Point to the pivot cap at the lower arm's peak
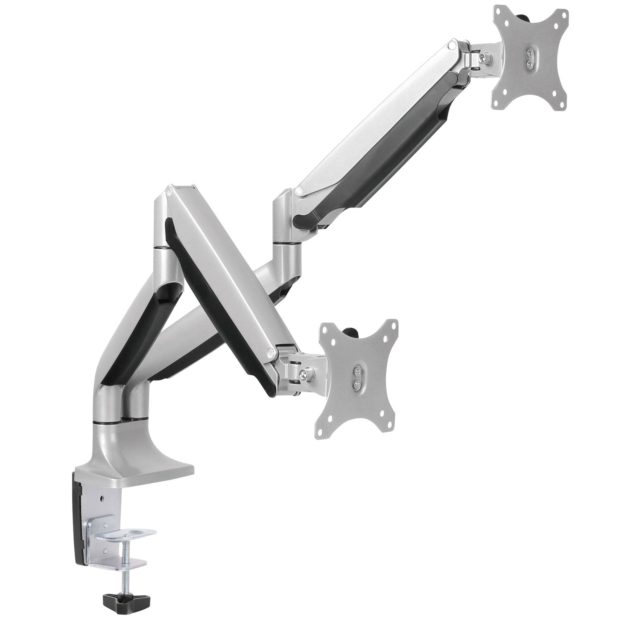(170, 191)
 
